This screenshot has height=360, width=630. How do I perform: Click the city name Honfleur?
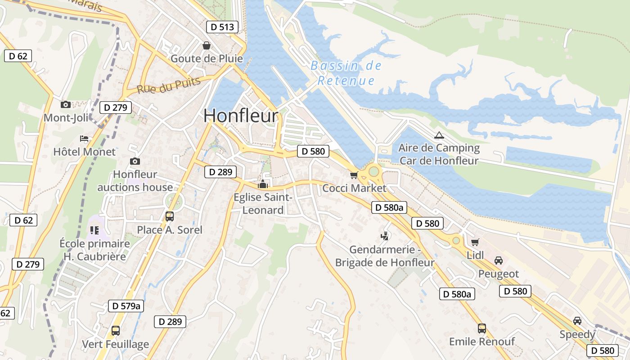[x=241, y=116]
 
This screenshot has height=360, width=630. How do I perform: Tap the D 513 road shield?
[x=222, y=27]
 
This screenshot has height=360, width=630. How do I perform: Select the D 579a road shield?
[x=126, y=306]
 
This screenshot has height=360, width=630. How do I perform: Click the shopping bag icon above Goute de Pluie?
[x=206, y=45]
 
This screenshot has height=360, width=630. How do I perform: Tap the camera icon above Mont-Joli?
[x=66, y=105]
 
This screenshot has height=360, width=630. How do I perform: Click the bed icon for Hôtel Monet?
[x=84, y=138]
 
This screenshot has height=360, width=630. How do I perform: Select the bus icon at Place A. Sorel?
[x=169, y=216]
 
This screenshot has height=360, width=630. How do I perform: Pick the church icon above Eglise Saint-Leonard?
[x=262, y=184]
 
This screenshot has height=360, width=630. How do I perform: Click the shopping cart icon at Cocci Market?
[x=354, y=175]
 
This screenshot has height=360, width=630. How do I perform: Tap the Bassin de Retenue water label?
[x=346, y=73]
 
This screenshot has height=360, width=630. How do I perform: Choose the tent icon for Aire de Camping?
[x=439, y=135]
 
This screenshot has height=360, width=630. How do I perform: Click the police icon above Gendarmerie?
[x=384, y=235]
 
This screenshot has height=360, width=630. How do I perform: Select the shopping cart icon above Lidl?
[x=475, y=242]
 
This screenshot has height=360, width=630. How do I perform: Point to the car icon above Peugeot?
[x=498, y=261]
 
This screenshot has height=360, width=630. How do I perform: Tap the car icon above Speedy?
[x=577, y=321]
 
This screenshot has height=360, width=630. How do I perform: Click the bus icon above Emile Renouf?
[x=481, y=328]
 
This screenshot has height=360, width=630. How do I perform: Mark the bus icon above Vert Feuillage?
[x=115, y=331]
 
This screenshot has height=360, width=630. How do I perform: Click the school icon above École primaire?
[x=94, y=230]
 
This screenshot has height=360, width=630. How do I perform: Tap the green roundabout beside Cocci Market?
[x=373, y=171]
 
